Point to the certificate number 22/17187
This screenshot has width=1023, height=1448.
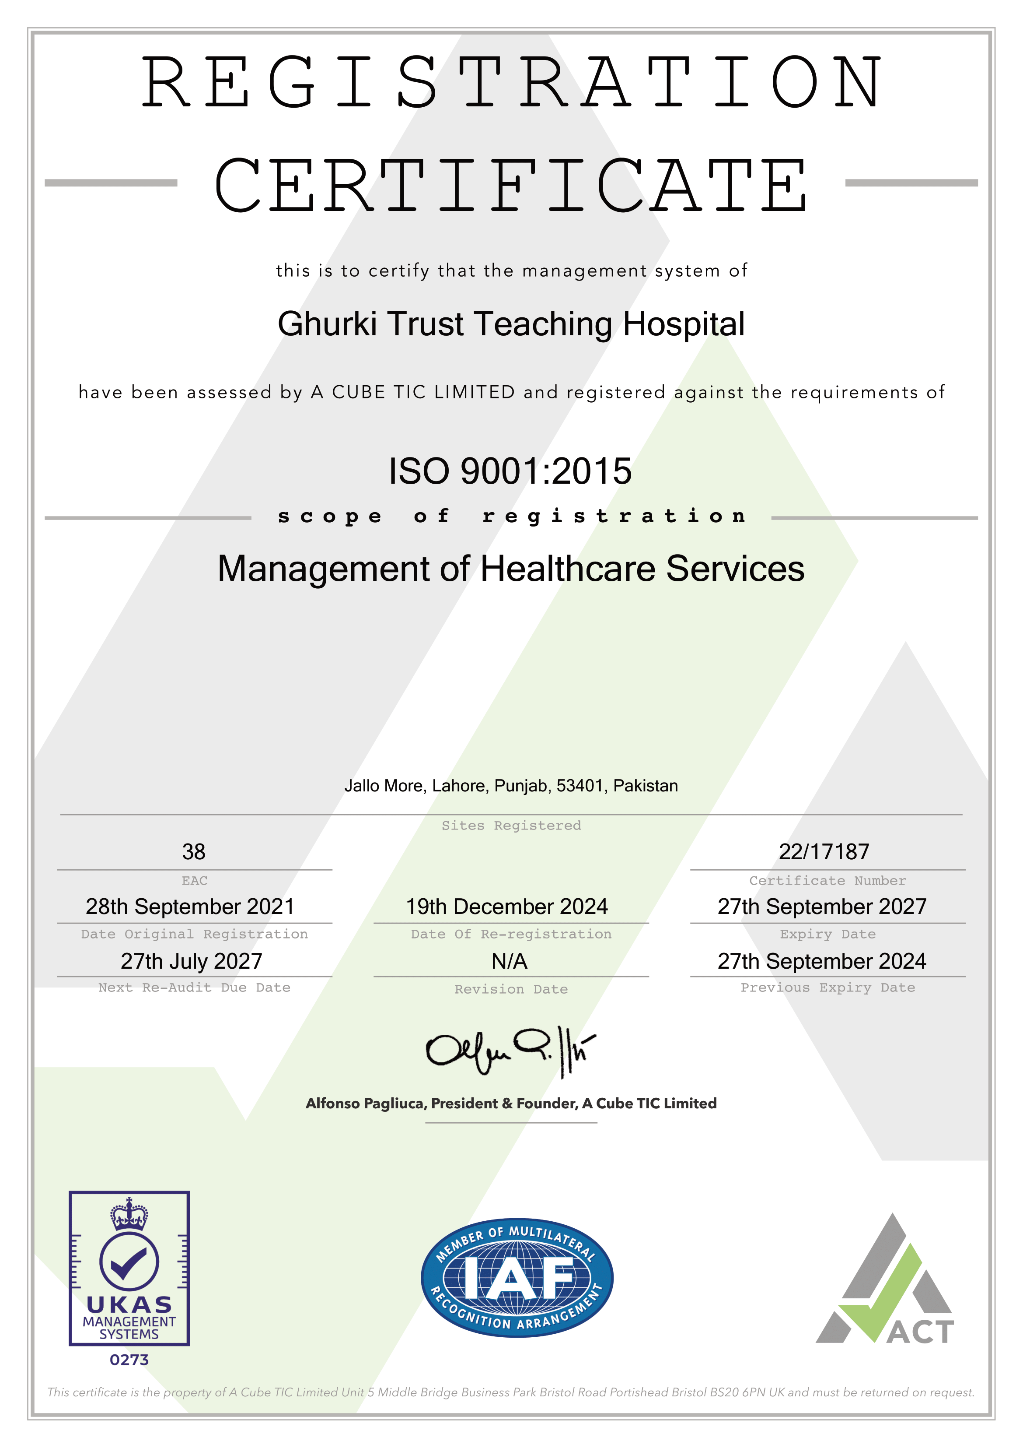point(824,852)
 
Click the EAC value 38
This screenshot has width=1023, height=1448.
point(194,852)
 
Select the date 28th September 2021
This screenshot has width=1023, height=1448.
point(190,907)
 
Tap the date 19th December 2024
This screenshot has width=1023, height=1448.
point(507,907)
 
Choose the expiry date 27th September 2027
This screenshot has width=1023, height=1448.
point(822,907)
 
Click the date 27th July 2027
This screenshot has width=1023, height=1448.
point(192,961)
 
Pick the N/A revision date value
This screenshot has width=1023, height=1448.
point(509,961)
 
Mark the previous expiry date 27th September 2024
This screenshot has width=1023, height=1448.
point(822,961)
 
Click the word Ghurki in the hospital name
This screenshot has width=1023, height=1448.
point(327,325)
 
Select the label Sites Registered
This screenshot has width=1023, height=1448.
point(511,826)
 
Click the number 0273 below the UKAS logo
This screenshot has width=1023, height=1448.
point(129,1360)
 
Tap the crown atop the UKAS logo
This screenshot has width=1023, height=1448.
point(129,1215)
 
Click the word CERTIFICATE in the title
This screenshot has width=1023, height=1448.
point(510,186)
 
